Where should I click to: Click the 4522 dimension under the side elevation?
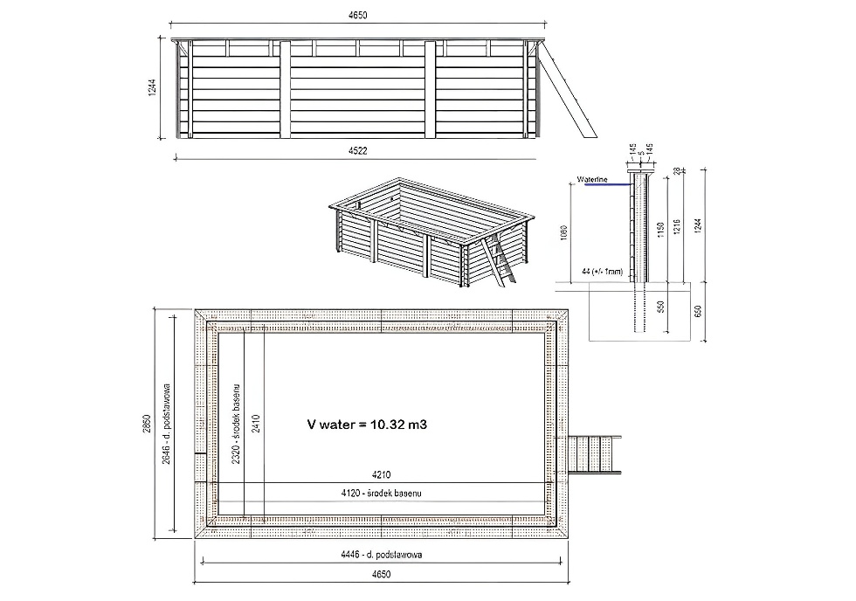click(357, 151)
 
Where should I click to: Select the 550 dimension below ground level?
click(661, 307)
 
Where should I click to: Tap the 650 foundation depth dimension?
click(697, 312)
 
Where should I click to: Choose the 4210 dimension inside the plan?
click(378, 476)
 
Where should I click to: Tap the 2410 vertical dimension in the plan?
click(256, 423)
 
